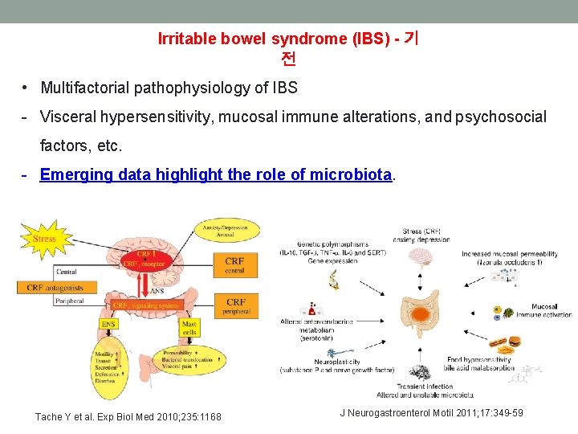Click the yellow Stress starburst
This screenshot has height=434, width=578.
pyautogui.click(x=44, y=239)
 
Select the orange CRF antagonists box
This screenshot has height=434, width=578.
pyautogui.click(x=56, y=288)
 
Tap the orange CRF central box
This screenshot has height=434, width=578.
pyautogui.click(x=234, y=265)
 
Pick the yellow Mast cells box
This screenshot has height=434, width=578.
pyautogui.click(x=189, y=327)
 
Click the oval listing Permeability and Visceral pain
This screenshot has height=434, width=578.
pyautogui.click(x=187, y=359)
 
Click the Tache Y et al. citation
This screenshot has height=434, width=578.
pyautogui.click(x=128, y=416)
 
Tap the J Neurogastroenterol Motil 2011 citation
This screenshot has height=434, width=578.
pyautogui.click(x=431, y=413)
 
